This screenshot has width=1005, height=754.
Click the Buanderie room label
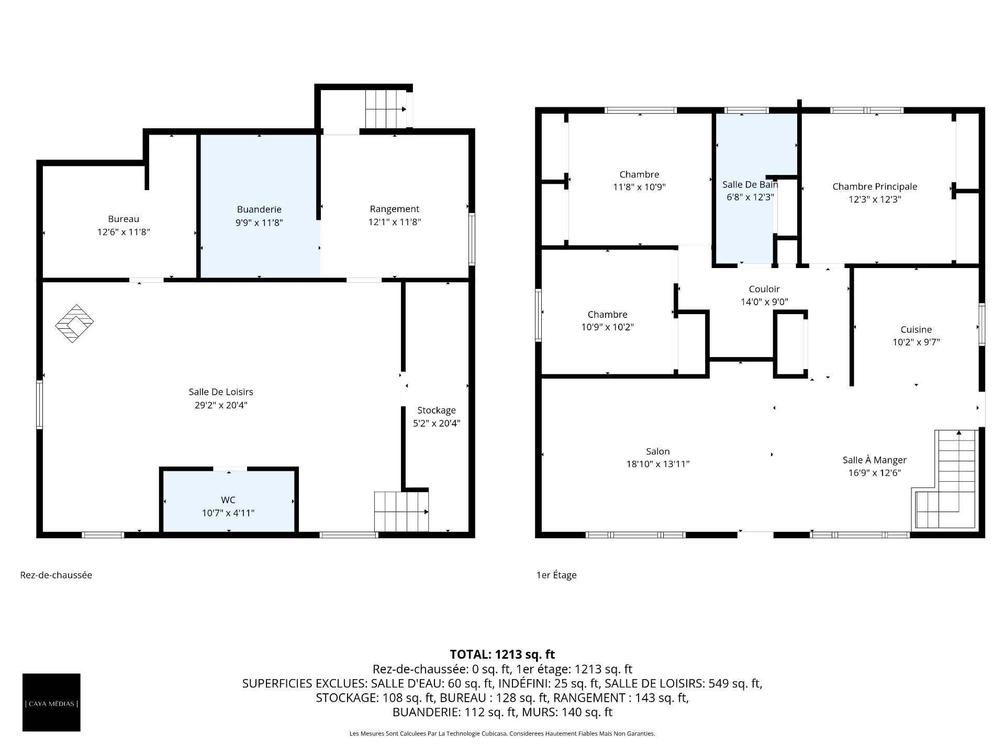(259, 209)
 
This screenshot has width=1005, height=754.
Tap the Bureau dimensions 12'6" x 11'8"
(124, 232)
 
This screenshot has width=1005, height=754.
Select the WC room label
(228, 500)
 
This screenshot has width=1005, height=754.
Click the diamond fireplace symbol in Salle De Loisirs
(75, 324)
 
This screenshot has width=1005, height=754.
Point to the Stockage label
(437, 411)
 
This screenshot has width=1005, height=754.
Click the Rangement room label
(395, 209)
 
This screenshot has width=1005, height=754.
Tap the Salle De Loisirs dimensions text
(221, 405)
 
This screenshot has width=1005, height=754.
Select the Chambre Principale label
(875, 186)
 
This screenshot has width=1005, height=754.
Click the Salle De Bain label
(750, 184)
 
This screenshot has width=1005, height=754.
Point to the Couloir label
(764, 289)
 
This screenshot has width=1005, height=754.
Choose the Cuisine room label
(916, 329)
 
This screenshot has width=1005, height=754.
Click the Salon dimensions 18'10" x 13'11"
(658, 464)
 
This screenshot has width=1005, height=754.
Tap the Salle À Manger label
(874, 460)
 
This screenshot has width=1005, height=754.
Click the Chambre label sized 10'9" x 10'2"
(608, 315)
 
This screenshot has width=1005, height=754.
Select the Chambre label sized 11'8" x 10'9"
(639, 174)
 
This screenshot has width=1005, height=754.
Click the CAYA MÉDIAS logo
(51, 702)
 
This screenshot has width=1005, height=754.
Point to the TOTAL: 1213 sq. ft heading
(502, 654)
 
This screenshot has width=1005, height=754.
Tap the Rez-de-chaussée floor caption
(56, 575)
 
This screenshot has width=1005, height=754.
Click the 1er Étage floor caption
(556, 575)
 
